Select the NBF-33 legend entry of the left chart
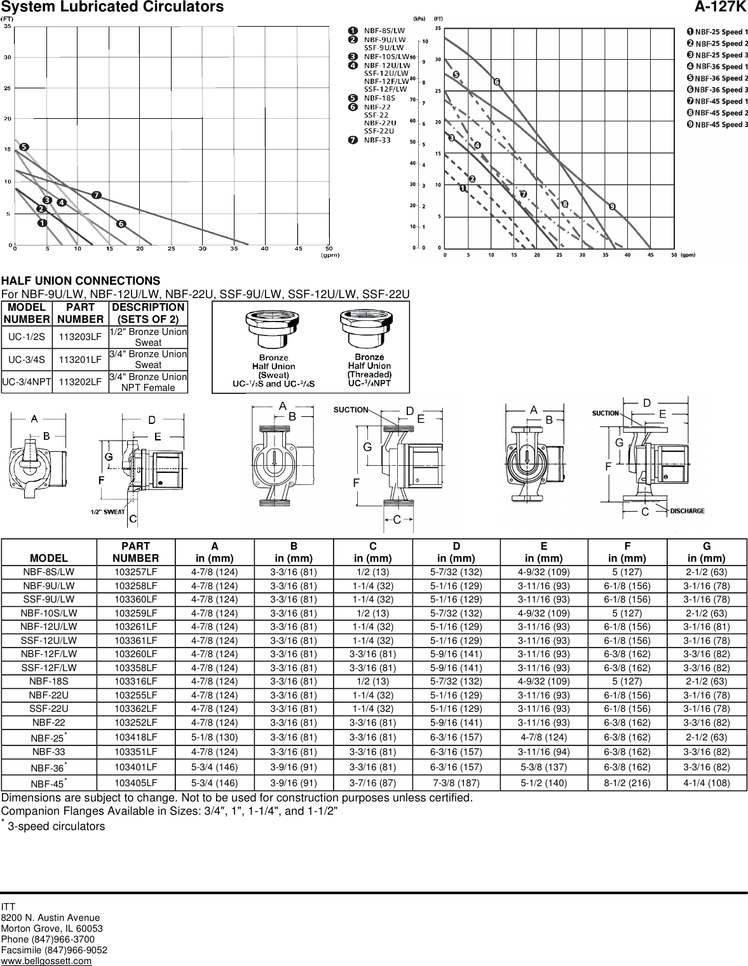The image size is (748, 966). tap(377, 140)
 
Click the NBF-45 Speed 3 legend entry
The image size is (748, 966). tap(721, 125)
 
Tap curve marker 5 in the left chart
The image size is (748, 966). tap(24, 147)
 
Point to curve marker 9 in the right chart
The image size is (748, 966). tap(612, 207)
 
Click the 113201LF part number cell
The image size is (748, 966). tap(80, 360)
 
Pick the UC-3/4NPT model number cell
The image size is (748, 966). tap(27, 382)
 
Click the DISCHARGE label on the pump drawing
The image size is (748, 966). tap(687, 510)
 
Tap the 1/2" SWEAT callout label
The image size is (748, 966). tap(105, 511)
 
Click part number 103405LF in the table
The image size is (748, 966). tap(135, 783)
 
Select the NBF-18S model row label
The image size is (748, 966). tap(48, 681)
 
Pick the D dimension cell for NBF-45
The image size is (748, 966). tap(456, 783)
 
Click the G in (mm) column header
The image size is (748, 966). tap(706, 552)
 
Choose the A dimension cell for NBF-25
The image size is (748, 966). tap(214, 737)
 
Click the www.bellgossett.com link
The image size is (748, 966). tap(46, 960)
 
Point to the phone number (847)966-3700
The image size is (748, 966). tap(48, 939)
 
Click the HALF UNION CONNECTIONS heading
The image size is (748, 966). tap(81, 281)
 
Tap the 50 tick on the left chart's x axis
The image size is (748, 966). tap(329, 248)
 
